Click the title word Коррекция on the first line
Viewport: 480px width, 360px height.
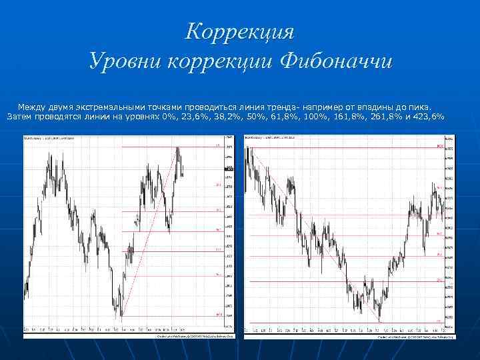240,31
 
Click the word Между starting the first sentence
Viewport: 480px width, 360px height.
31,107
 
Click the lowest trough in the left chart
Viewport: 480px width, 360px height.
121,315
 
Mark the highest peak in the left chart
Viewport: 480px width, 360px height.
178,148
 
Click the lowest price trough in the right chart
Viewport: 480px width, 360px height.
379,320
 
